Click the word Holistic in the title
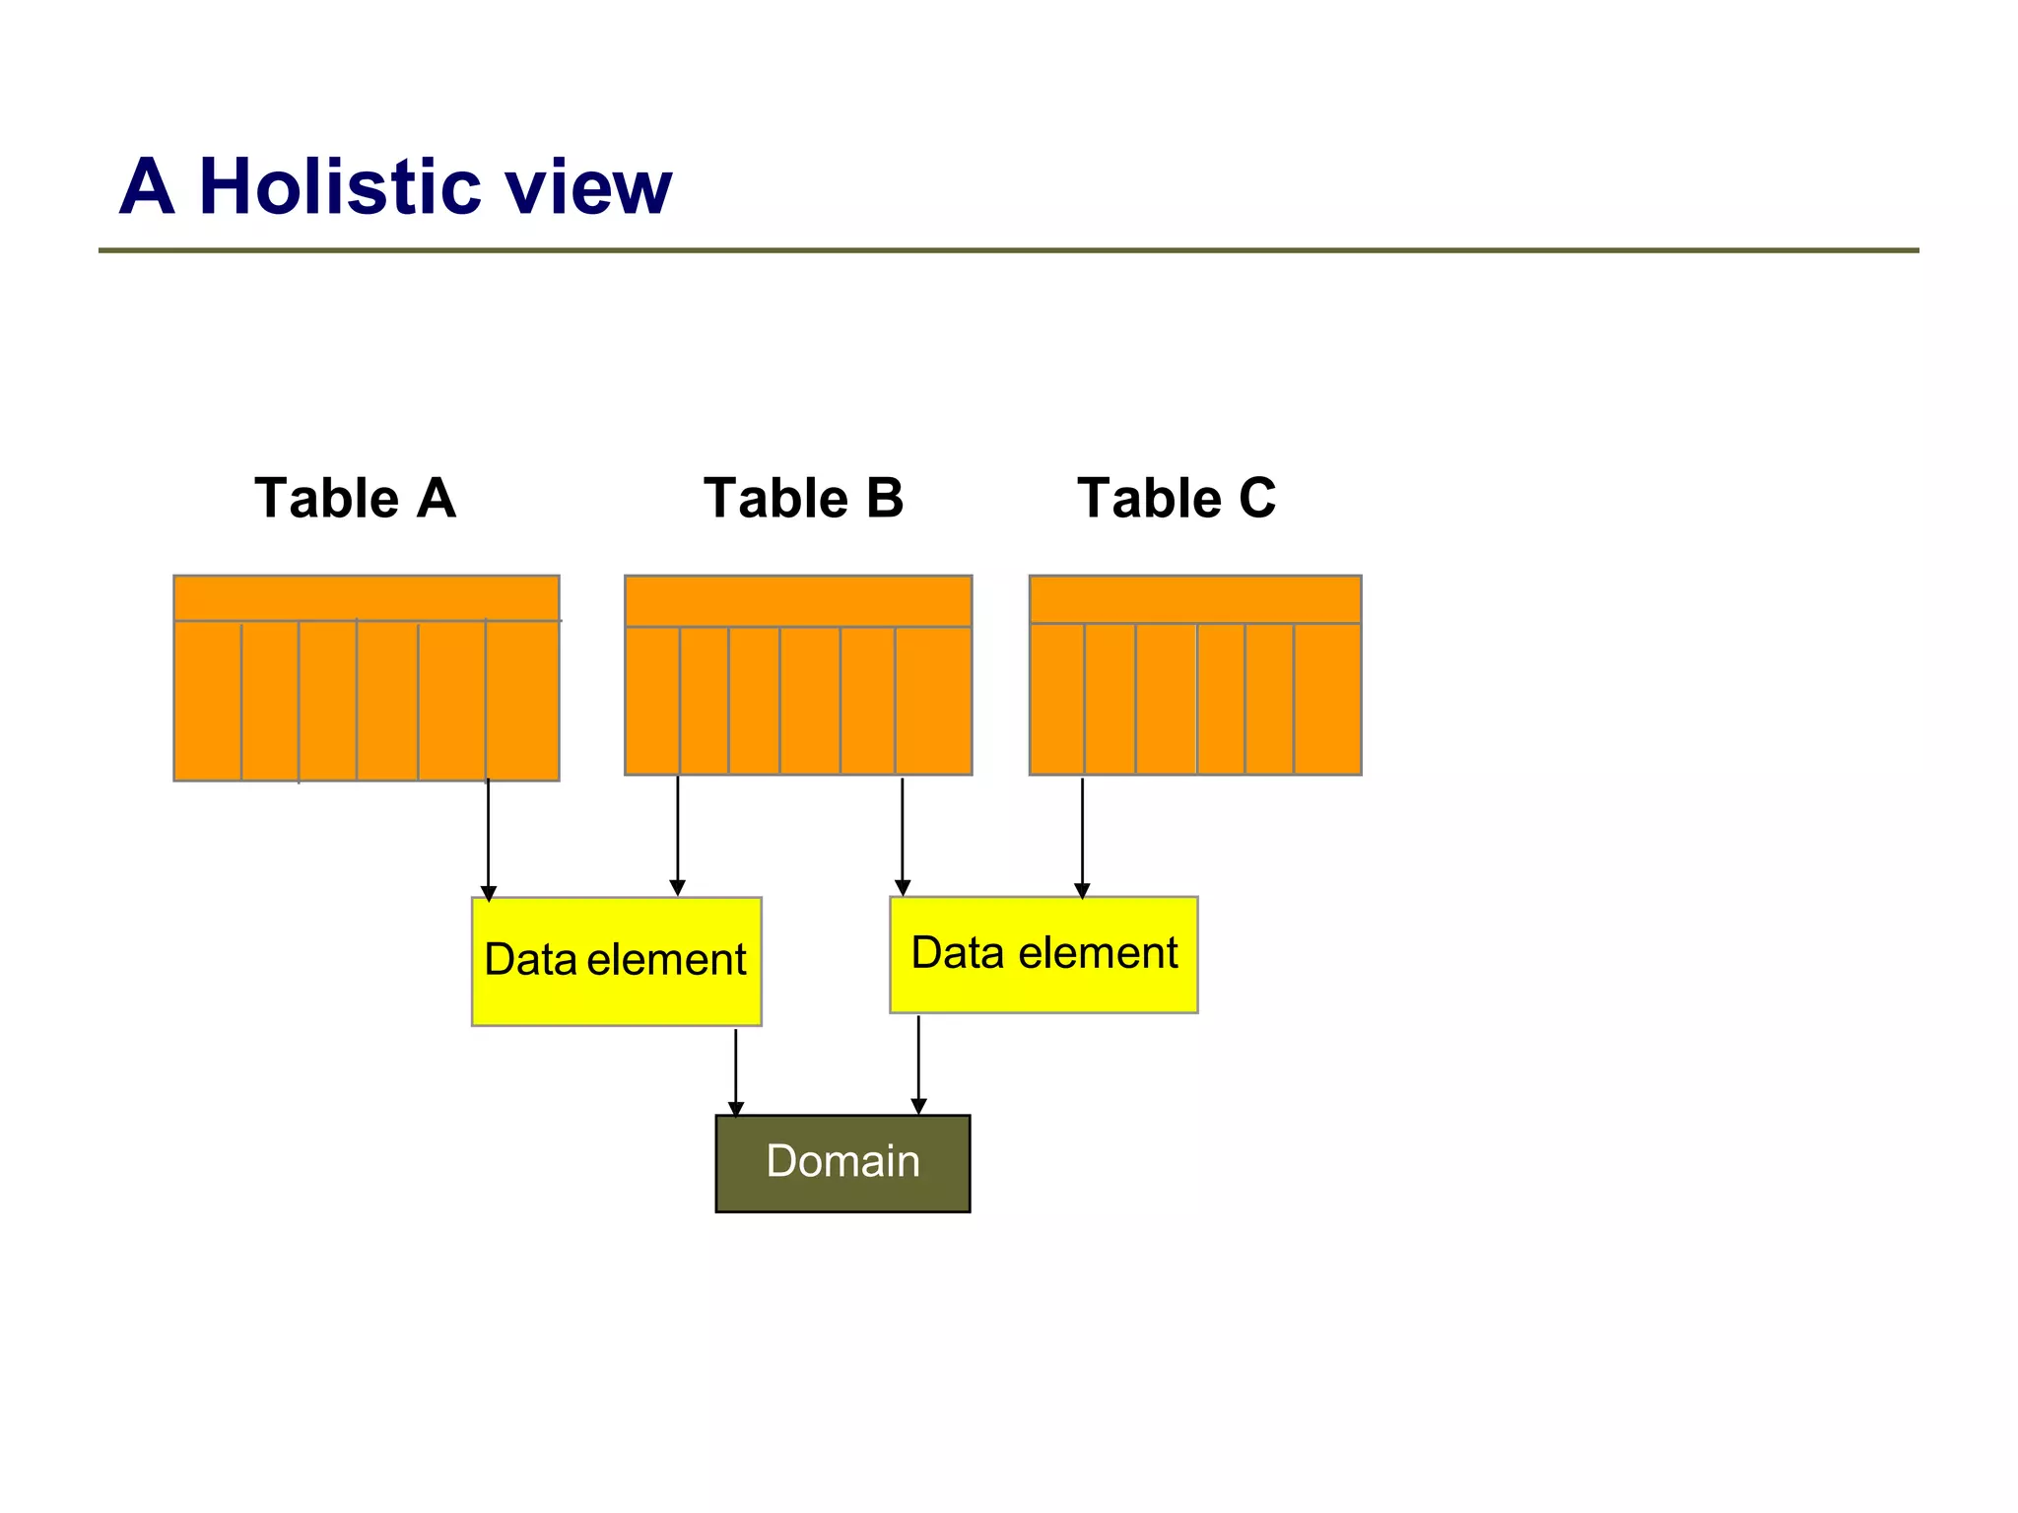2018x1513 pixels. pyautogui.click(x=339, y=186)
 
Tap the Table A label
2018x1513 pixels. pyautogui.click(x=355, y=497)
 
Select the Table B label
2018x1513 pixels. pyautogui.click(x=803, y=497)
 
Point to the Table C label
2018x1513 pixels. pyautogui.click(x=1176, y=497)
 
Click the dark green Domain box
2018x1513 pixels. pyautogui.click(x=842, y=1163)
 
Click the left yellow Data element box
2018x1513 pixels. pyautogui.click(x=616, y=961)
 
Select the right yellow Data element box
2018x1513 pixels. pyautogui.click(x=1043, y=954)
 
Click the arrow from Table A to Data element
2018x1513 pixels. pyautogui.click(x=488, y=838)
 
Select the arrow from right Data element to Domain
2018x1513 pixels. pyautogui.click(x=918, y=1065)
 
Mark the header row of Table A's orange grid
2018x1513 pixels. pyautogui.click(x=366, y=598)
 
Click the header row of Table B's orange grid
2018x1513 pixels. pyautogui.click(x=798, y=601)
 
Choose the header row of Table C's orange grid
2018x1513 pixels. pyautogui.click(x=1194, y=599)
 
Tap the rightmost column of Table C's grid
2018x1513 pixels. pyautogui.click(x=1326, y=698)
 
